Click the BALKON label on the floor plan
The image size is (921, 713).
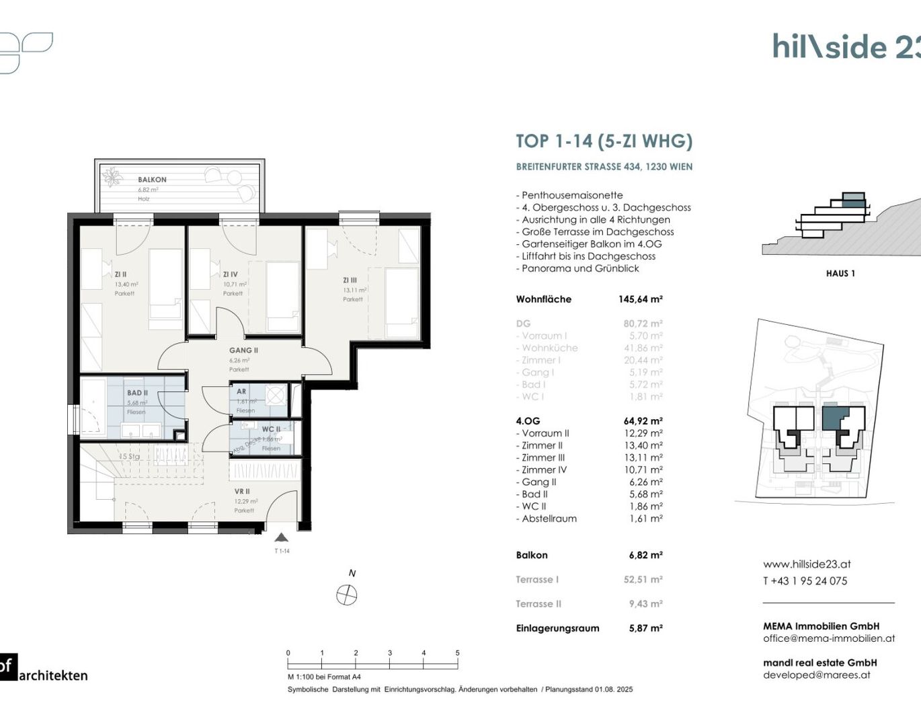pyautogui.click(x=152, y=180)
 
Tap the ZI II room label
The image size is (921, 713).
pyautogui.click(x=120, y=274)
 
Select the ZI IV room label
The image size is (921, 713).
pyautogui.click(x=230, y=274)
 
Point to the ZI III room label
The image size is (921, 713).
pyautogui.click(x=350, y=280)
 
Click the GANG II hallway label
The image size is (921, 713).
pyautogui.click(x=243, y=350)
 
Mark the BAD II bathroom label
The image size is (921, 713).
pyautogui.click(x=137, y=393)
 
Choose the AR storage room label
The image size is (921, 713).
pyautogui.click(x=241, y=391)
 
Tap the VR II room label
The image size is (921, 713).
pyautogui.click(x=242, y=492)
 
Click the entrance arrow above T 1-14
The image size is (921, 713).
pyautogui.click(x=282, y=537)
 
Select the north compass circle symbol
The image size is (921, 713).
pyautogui.click(x=347, y=595)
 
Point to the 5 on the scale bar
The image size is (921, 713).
pyautogui.click(x=457, y=653)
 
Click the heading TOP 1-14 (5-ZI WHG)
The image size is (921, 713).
pyautogui.click(x=604, y=141)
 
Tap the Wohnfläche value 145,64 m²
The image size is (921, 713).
pyautogui.click(x=640, y=299)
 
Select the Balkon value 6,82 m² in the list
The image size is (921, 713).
pyautogui.click(x=645, y=555)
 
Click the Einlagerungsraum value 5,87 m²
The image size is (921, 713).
pyautogui.click(x=645, y=628)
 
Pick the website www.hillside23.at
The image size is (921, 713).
pyautogui.click(x=807, y=564)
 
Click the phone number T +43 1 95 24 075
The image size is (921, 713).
pyautogui.click(x=805, y=581)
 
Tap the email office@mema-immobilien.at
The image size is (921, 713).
pyautogui.click(x=829, y=638)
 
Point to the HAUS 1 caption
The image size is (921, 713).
pyautogui.click(x=840, y=273)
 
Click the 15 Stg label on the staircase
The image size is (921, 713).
pyautogui.click(x=130, y=457)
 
